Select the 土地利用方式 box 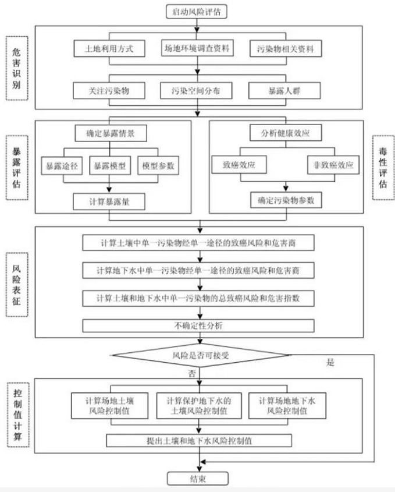pyautogui.click(x=110, y=49)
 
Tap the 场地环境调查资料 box pyautogui.click(x=197, y=49)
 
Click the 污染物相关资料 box pyautogui.click(x=285, y=49)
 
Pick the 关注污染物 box pyautogui.click(x=110, y=91)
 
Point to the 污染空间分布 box pyautogui.click(x=197, y=91)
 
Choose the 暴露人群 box pyautogui.click(x=285, y=91)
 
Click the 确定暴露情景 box pyautogui.click(x=109, y=133)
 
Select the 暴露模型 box pyautogui.click(x=109, y=166)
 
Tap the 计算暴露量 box pyautogui.click(x=109, y=201)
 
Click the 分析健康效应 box pyautogui.click(x=285, y=133)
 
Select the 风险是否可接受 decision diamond pyautogui.click(x=198, y=353)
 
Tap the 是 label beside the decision pyautogui.click(x=331, y=363)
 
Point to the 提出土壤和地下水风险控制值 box pyautogui.click(x=198, y=440)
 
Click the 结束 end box pyautogui.click(x=198, y=479)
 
